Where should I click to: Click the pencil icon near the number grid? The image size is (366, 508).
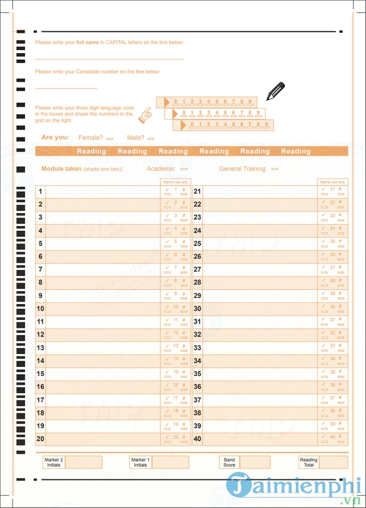[275, 91]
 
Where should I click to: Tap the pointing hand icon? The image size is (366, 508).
[145, 114]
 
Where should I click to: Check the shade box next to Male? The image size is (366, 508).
[151, 139]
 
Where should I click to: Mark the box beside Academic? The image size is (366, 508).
[184, 169]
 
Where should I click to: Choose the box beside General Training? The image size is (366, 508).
[274, 169]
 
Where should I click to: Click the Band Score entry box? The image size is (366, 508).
[255, 462]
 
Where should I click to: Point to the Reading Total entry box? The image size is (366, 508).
[333, 462]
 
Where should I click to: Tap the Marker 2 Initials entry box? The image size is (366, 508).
[84, 462]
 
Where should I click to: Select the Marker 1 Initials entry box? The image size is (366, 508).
[170, 462]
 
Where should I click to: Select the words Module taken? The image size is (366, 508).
[61, 169]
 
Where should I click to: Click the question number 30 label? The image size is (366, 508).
[197, 309]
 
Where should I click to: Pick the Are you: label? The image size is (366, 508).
[55, 138]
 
